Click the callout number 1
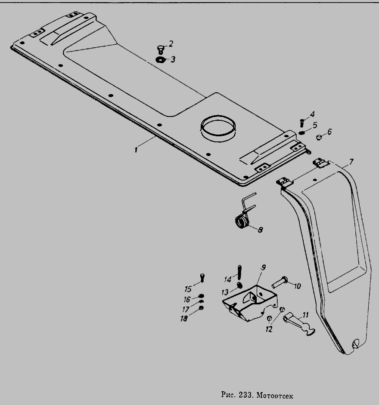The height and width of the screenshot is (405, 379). tap(136, 150)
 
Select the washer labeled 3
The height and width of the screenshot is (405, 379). tap(160, 60)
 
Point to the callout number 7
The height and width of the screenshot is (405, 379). tap(351, 162)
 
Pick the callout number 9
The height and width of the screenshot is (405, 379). tap(263, 267)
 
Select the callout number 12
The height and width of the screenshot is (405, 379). tap(269, 329)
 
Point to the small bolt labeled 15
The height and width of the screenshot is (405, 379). tap(202, 277)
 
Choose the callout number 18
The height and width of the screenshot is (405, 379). tap(183, 319)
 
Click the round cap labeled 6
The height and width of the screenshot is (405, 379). tap(319, 137)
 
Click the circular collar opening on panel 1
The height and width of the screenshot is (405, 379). tap(218, 126)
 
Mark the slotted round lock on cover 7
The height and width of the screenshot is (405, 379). tap(356, 343)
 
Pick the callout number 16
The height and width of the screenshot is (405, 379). tap(187, 300)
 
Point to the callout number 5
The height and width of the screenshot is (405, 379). tap(314, 125)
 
